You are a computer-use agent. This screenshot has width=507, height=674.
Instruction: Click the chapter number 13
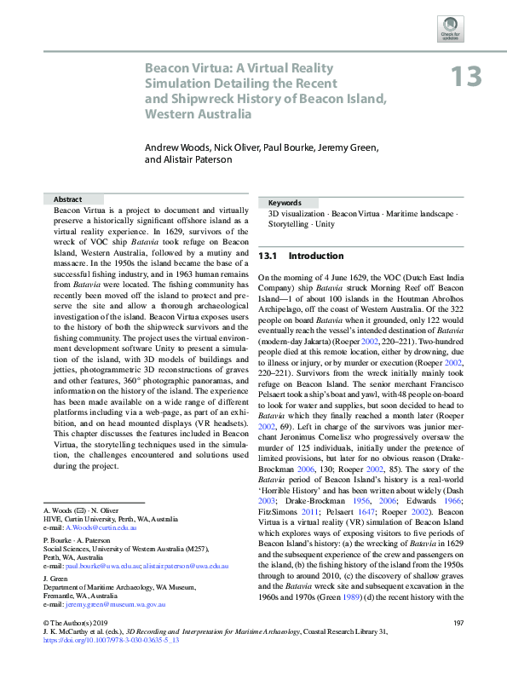tap(466, 77)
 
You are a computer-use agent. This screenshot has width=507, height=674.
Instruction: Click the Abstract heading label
tap(67, 198)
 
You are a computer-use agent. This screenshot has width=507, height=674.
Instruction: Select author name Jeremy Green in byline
tap(322, 147)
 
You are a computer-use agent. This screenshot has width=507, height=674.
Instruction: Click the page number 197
tap(458, 647)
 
